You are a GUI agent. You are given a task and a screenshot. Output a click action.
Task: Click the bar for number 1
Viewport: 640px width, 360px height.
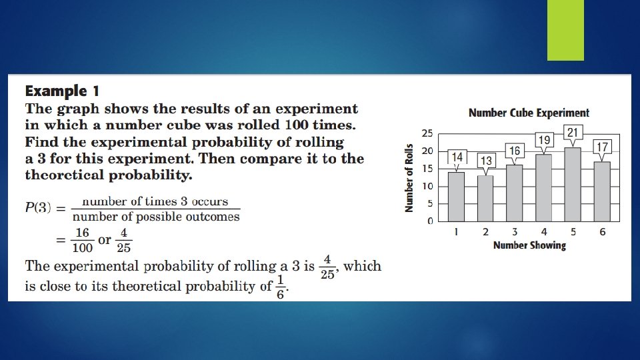pyautogui.click(x=457, y=197)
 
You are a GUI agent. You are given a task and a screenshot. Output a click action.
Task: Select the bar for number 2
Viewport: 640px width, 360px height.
pyautogui.click(x=486, y=198)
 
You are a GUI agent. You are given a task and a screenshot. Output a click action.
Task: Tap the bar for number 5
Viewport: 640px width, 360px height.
pyautogui.click(x=573, y=185)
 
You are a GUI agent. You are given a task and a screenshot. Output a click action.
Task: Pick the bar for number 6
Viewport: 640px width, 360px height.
pyautogui.click(x=601, y=191)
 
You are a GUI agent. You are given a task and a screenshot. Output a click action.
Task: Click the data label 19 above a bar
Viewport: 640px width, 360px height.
pyautogui.click(x=544, y=140)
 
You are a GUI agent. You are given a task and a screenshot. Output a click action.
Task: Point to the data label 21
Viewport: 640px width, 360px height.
pyautogui.click(x=573, y=133)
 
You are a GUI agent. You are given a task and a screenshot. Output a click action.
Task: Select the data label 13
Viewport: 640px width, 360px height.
pyautogui.click(x=486, y=161)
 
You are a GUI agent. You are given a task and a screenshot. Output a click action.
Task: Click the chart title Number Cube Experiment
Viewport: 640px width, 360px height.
pyautogui.click(x=529, y=113)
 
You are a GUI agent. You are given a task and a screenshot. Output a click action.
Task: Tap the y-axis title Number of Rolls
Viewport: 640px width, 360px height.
pyautogui.click(x=409, y=179)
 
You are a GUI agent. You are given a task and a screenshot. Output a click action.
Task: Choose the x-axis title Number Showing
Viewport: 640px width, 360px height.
pyautogui.click(x=529, y=245)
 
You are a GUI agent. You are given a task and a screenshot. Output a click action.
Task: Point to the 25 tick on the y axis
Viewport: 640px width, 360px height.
pyautogui.click(x=427, y=133)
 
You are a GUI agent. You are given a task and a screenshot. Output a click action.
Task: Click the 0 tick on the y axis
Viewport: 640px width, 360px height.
pyautogui.click(x=430, y=221)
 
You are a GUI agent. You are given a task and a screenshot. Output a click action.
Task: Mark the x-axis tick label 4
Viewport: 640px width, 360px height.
pyautogui.click(x=543, y=232)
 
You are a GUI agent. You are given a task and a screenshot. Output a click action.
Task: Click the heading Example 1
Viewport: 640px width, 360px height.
pyautogui.click(x=62, y=91)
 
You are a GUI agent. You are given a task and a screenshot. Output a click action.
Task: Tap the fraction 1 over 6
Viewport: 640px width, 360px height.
pyautogui.click(x=281, y=287)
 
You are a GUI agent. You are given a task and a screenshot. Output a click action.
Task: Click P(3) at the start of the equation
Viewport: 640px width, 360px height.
pyautogui.click(x=38, y=208)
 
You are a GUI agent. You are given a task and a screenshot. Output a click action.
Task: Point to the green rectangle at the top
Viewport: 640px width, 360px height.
pyautogui.click(x=565, y=30)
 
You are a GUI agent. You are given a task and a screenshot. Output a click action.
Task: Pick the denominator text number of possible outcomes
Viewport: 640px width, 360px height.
pyautogui.click(x=156, y=217)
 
